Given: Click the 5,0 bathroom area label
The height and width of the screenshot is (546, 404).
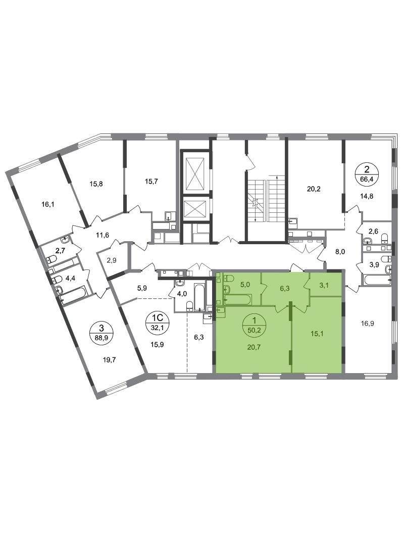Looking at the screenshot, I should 246,285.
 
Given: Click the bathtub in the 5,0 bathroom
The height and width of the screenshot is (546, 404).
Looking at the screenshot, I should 237,300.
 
